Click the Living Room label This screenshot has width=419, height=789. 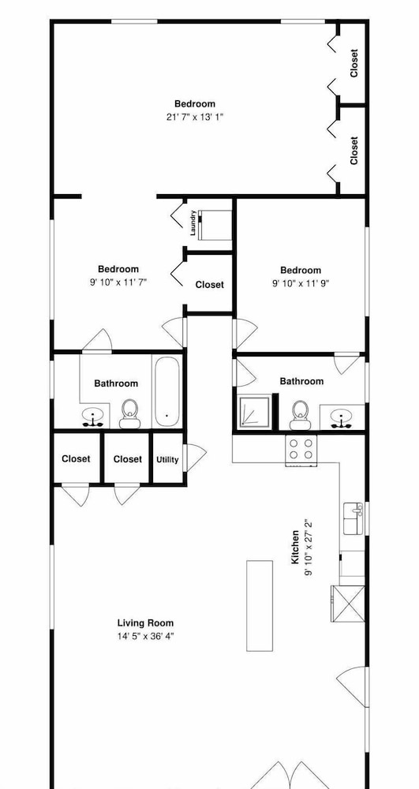click(145, 623)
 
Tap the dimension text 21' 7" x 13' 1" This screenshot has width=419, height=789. click(194, 117)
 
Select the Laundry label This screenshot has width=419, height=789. click(193, 223)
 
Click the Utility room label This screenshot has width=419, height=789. click(167, 459)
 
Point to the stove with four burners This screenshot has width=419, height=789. click(301, 450)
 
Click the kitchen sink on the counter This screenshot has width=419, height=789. click(354, 518)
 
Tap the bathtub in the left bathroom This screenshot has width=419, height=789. click(166, 391)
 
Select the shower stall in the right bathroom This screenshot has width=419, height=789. click(257, 411)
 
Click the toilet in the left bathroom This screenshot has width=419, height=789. click(129, 413)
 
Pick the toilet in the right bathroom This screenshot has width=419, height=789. click(301, 415)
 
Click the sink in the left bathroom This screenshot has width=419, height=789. click(94, 417)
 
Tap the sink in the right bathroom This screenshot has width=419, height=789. click(342, 417)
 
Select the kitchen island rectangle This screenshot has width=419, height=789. click(260, 606)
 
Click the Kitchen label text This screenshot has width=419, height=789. click(295, 547)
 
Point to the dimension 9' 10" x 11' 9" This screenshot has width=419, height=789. click(301, 282)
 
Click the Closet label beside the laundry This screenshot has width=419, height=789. click(210, 285)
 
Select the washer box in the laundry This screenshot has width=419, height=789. click(215, 225)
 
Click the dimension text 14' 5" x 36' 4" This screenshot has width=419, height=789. click(145, 636)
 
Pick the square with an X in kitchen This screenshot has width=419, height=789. click(347, 604)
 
